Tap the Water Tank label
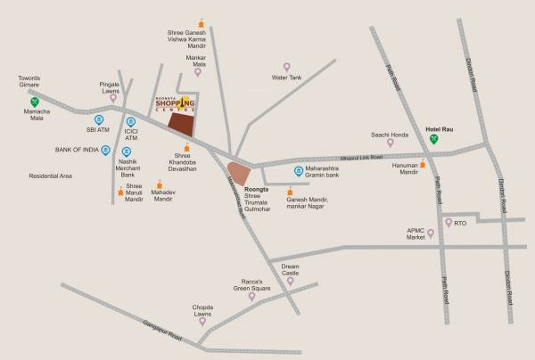coord(287,78)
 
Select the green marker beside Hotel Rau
coord(434,139)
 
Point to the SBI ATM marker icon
coord(99,119)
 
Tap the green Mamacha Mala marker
coord(33,113)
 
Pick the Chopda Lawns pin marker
coord(202,324)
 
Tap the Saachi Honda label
coord(390,135)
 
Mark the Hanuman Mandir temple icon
coord(423,164)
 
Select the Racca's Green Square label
coord(251,283)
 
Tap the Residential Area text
coord(50,176)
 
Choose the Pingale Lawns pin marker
coord(113,97)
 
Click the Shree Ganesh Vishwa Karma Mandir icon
coord(202,21)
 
